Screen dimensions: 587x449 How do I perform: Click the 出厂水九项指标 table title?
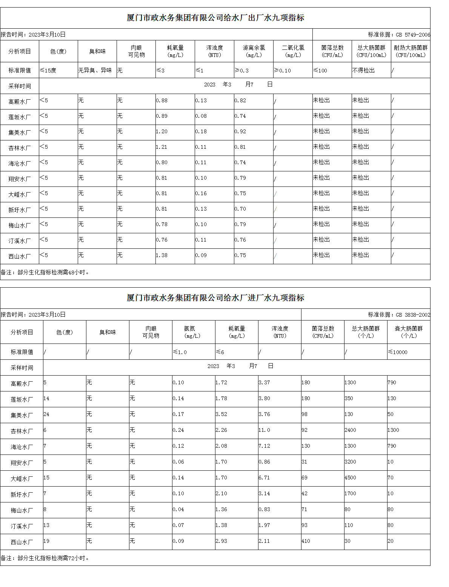(215, 18)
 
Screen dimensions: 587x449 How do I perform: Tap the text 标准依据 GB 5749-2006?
(399, 35)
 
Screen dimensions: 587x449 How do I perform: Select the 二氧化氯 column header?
(293, 51)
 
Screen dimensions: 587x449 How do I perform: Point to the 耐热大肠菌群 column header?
(411, 51)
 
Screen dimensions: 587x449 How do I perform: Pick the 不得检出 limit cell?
(363, 71)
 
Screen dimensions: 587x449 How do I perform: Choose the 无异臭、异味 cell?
(95, 71)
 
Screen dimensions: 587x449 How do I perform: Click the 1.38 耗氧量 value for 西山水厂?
(162, 256)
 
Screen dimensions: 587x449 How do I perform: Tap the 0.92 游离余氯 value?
(240, 132)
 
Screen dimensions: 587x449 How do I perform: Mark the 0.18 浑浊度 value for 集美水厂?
(201, 132)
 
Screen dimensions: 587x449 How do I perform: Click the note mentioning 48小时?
(45, 273)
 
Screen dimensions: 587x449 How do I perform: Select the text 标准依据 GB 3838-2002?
(399, 315)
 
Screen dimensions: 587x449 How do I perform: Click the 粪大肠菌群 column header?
(409, 332)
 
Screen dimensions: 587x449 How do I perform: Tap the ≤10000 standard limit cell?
(398, 352)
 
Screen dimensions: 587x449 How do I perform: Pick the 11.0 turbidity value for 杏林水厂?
(264, 430)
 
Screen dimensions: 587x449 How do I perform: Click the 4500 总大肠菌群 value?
(350, 478)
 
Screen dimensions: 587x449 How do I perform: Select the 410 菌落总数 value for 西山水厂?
(306, 541)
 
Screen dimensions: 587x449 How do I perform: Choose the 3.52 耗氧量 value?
(221, 414)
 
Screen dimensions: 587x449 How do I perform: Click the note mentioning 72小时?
(45, 558)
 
